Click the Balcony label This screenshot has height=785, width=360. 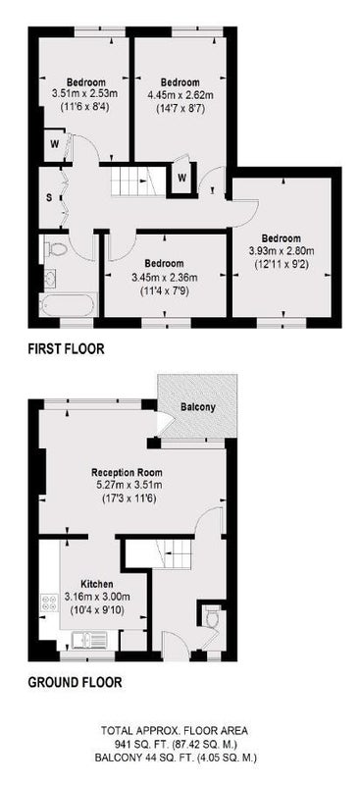(198, 407)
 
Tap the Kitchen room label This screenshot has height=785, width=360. (97, 584)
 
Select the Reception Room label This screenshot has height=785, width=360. (127, 472)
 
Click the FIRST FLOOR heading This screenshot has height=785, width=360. (66, 348)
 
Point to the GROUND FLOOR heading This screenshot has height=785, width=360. (75, 682)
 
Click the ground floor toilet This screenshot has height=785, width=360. (212, 617)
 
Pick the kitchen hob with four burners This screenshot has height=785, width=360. (50, 601)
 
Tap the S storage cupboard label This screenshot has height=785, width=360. (49, 197)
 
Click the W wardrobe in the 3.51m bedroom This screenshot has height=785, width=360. (54, 144)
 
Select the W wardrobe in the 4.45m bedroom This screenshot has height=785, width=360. (182, 178)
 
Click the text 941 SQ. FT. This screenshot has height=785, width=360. (141, 745)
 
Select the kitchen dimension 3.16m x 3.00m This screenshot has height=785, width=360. (97, 597)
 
